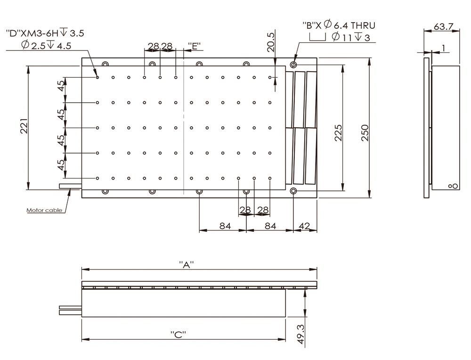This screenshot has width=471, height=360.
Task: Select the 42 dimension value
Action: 305,226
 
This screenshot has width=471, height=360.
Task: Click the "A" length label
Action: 187,265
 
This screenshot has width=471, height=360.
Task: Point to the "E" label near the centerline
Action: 194,46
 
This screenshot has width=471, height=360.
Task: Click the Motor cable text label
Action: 43,210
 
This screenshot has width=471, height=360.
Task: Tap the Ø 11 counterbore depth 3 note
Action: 351,38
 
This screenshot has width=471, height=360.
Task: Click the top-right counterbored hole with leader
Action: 293,64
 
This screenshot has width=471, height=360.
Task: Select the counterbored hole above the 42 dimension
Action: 293,191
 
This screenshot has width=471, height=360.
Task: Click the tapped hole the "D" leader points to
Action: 97,77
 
